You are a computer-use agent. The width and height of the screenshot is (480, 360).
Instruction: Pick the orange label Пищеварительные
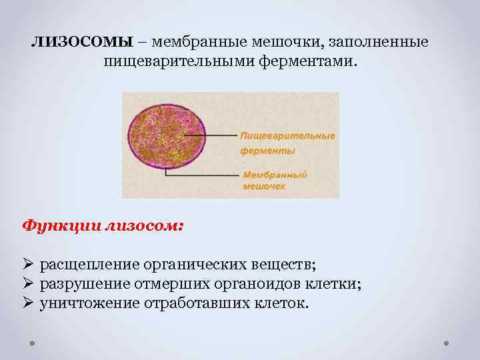[288, 136]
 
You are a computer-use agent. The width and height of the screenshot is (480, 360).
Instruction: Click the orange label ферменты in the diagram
[268, 151]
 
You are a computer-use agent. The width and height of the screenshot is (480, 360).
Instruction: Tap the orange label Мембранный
[275, 174]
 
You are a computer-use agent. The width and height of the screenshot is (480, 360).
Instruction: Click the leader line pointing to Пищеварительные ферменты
[212, 135]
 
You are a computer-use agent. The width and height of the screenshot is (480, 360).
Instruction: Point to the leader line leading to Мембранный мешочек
[200, 175]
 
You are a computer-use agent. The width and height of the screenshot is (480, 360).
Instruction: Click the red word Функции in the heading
[60, 225]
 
